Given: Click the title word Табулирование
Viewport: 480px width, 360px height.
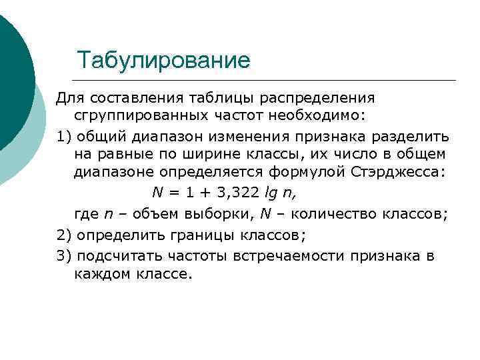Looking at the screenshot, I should (x=163, y=61).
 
